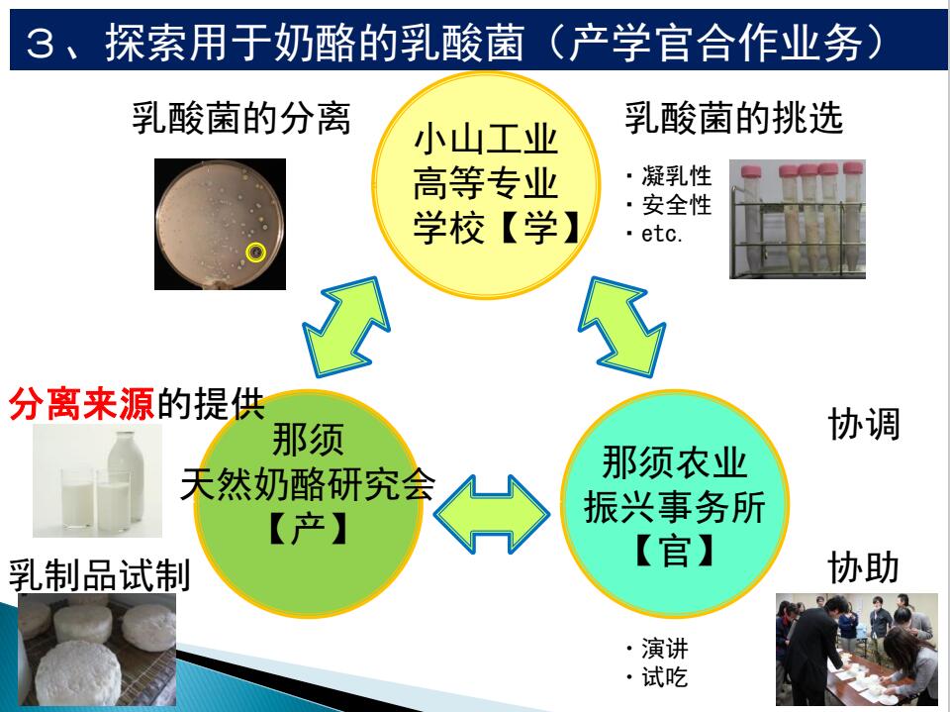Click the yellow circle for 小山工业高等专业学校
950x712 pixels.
(x=485, y=185)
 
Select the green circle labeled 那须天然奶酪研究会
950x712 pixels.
(x=308, y=503)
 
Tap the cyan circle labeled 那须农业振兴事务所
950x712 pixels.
(x=674, y=503)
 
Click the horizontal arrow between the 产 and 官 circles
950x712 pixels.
(x=492, y=514)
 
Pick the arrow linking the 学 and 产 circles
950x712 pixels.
(x=346, y=327)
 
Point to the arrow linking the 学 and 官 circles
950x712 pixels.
(x=622, y=327)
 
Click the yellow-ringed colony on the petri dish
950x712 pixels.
(x=256, y=252)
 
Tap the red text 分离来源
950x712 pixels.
(x=82, y=404)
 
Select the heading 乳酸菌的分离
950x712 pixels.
(x=241, y=118)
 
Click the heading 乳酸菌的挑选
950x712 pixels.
(x=733, y=118)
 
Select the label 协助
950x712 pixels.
(x=863, y=567)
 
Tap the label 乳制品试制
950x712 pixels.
(x=100, y=575)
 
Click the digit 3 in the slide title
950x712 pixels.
(x=41, y=44)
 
